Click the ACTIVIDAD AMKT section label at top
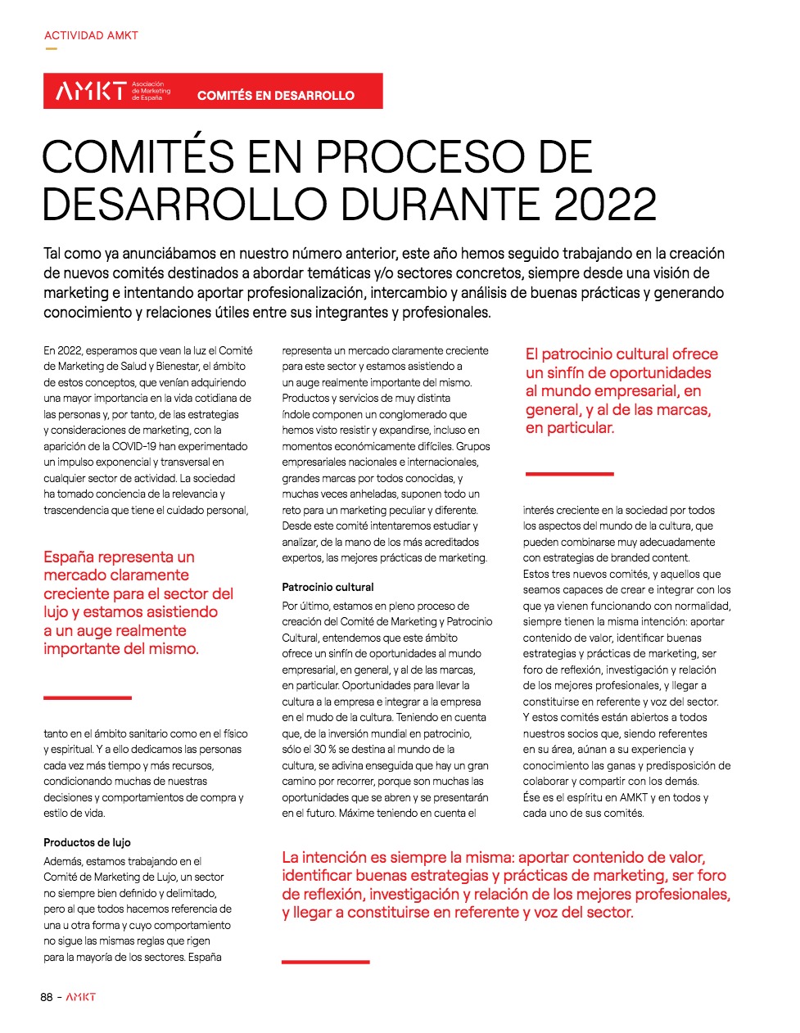tap(91, 35)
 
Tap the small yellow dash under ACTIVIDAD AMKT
tap(51, 49)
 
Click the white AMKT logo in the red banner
tap(90, 91)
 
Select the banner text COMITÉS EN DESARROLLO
tap(276, 95)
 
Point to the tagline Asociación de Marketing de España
tap(151, 91)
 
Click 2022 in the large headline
tap(605, 205)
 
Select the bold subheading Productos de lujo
tap(87, 842)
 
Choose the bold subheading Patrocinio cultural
tap(328, 587)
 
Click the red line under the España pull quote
tap(87, 697)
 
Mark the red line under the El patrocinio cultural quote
tap(569, 473)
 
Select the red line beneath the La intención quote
tap(325, 961)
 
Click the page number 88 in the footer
tap(47, 997)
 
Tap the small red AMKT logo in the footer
tap(81, 997)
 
